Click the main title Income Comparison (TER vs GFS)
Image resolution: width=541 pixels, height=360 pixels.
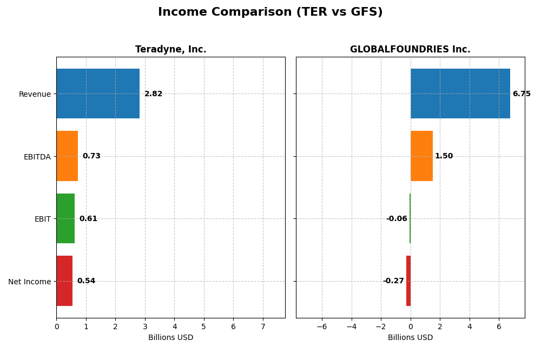click(x=270, y=12)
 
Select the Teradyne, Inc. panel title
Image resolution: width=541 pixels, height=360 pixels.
click(x=170, y=49)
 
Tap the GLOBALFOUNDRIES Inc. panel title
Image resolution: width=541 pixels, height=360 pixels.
click(x=410, y=49)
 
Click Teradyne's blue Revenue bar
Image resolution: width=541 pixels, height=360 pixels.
click(x=98, y=94)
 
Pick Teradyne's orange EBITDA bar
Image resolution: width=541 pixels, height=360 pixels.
click(x=67, y=156)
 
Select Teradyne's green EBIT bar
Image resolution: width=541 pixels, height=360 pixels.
click(x=65, y=218)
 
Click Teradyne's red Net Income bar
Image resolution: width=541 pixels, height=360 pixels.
click(x=64, y=281)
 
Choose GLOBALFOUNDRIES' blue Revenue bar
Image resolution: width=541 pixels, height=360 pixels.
click(x=460, y=94)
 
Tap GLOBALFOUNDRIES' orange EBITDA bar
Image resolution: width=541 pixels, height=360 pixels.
click(x=421, y=156)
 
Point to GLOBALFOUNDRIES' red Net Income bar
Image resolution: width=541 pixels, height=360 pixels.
click(x=408, y=281)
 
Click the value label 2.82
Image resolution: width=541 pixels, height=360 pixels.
click(x=153, y=94)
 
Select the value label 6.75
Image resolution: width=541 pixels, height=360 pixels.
click(x=522, y=94)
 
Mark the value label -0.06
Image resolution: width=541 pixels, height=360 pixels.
click(x=397, y=218)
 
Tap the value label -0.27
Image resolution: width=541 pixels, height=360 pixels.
click(x=393, y=281)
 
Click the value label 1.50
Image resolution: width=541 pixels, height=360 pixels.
click(x=444, y=156)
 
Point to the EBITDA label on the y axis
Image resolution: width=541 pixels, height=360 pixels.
click(x=37, y=157)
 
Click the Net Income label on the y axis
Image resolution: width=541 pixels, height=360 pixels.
click(x=29, y=282)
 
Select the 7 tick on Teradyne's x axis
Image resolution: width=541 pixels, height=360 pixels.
click(x=263, y=326)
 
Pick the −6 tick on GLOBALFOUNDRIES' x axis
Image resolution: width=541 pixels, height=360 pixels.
click(x=322, y=326)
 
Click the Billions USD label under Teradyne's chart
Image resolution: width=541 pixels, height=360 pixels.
click(x=170, y=337)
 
